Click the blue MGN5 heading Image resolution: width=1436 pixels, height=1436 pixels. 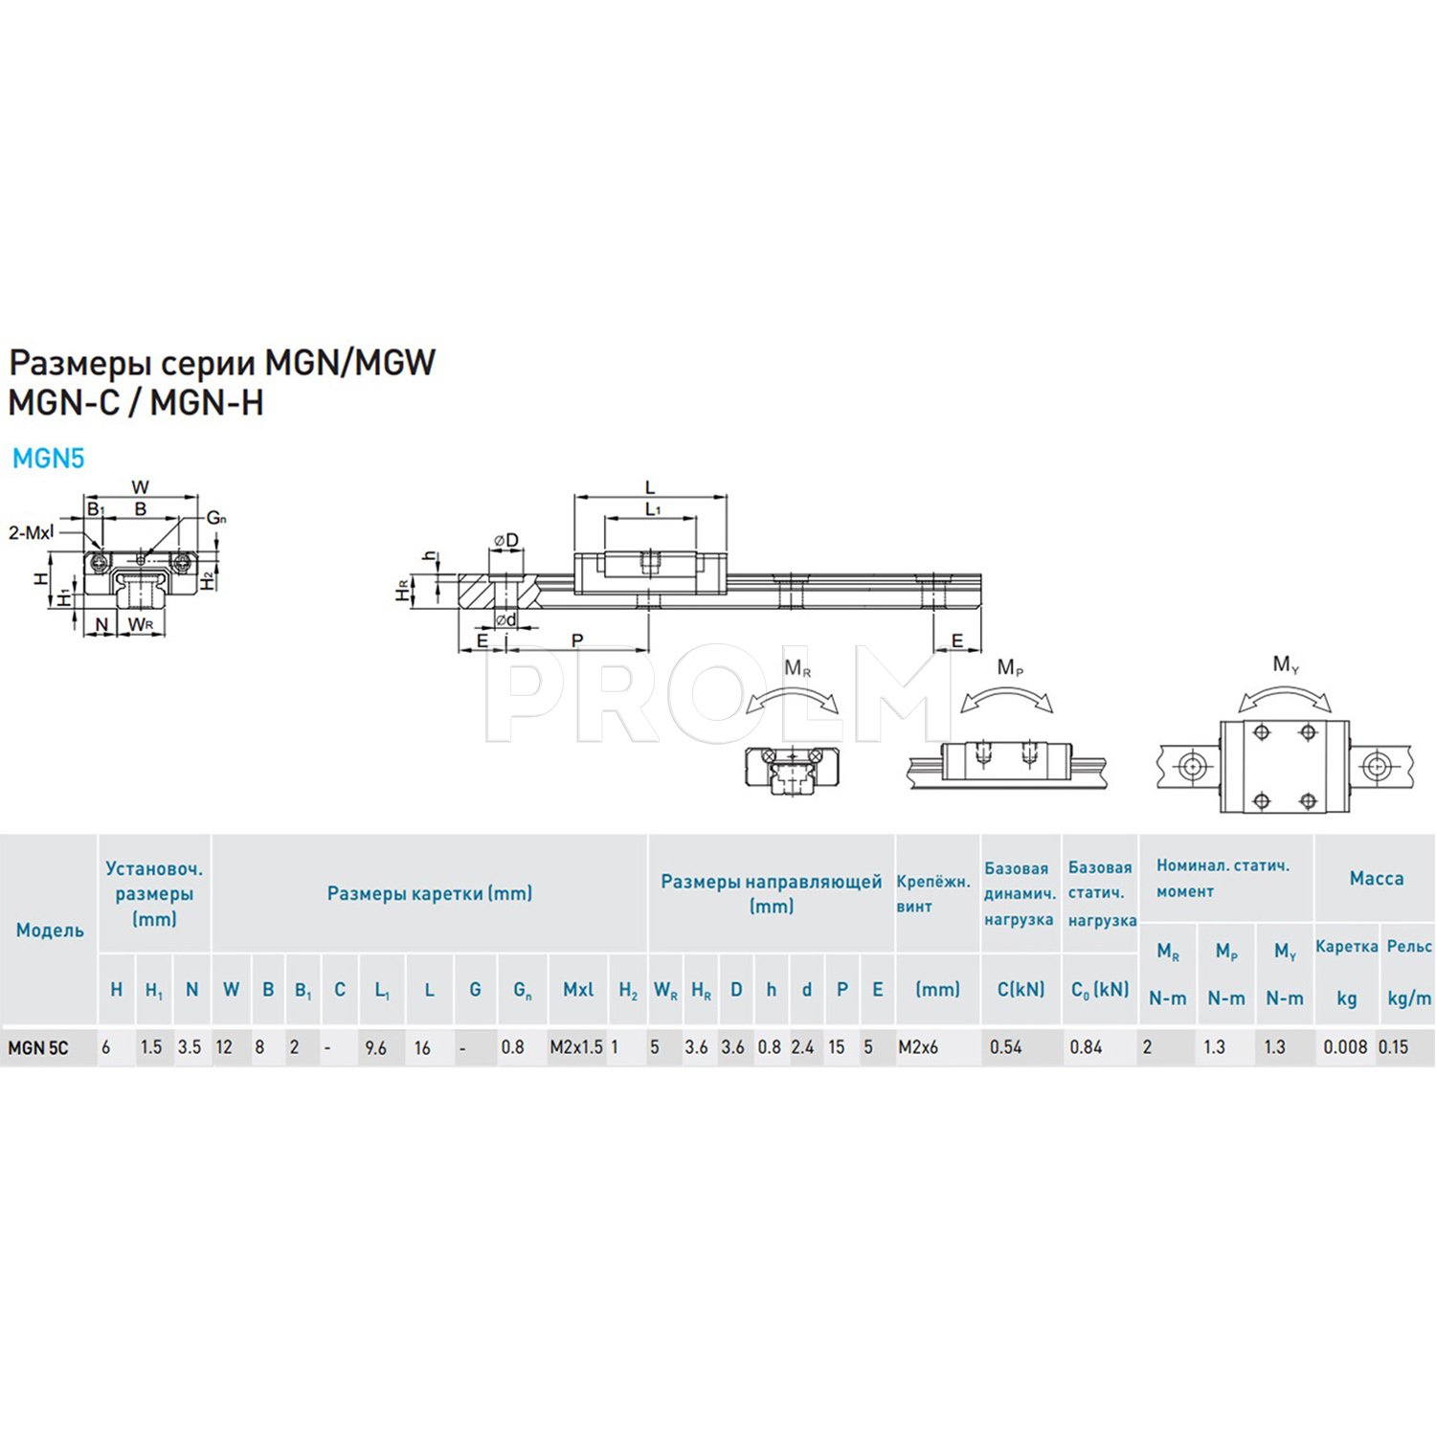coord(48,459)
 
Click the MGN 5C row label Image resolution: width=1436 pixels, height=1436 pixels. coord(38,1047)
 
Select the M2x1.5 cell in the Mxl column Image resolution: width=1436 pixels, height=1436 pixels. coord(576,1047)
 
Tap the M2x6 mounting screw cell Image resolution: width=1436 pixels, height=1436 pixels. coord(918,1047)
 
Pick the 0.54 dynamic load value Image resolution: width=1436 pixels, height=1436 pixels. coord(1006,1047)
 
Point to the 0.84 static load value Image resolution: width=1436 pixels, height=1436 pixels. coord(1087,1047)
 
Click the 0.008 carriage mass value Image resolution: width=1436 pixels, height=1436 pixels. coord(1345,1047)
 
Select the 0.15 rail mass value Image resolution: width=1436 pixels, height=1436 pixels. coord(1394,1047)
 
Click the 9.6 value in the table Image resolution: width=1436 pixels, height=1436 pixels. coord(376,1048)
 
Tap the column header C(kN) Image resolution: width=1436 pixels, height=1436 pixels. coord(1021,990)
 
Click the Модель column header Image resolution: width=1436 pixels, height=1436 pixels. coord(50,931)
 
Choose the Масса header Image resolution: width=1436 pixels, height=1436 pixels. coord(1376,879)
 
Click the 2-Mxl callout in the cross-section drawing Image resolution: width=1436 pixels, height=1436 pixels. coord(31,532)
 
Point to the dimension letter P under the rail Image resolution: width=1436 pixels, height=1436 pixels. coord(577,640)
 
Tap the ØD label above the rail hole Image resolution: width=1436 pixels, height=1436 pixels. coord(505,541)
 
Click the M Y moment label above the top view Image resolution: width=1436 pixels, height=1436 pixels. coord(1286,664)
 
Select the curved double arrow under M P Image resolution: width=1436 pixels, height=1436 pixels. coord(1006,700)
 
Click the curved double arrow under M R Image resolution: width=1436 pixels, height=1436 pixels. coord(792,702)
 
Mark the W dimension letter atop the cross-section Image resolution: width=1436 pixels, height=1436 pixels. coord(141,487)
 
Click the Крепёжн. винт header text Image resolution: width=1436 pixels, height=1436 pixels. coord(933,893)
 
